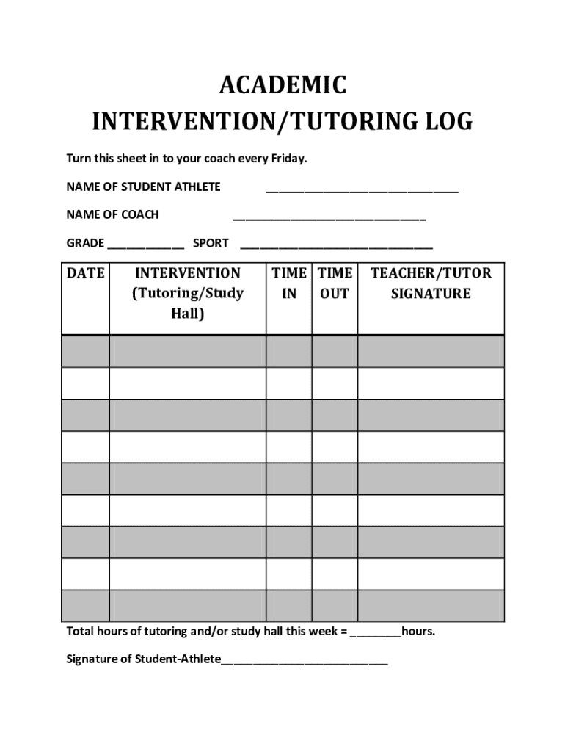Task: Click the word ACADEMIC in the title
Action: pos(282,86)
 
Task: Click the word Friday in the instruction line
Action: pos(288,159)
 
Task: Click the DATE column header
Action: pos(86,274)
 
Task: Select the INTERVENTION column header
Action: pos(187,293)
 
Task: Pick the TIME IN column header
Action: pos(289,283)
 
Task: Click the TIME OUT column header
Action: pos(335,283)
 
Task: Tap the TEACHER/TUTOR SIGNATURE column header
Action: pos(431,283)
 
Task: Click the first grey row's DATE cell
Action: pos(86,351)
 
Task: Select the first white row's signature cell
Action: pos(431,383)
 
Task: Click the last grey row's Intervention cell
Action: pos(187,606)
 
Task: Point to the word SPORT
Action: pos(211,243)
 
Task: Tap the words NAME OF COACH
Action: pos(112,215)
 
